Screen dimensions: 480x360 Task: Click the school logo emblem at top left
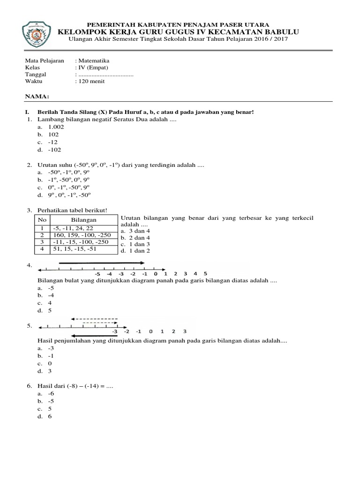[37, 32]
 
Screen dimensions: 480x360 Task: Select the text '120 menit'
[91, 81]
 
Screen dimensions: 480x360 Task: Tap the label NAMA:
[37, 96]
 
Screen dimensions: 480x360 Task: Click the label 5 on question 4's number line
[205, 273]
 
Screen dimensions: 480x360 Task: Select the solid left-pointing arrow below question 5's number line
[93, 335]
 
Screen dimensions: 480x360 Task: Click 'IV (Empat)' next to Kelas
[93, 67]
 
